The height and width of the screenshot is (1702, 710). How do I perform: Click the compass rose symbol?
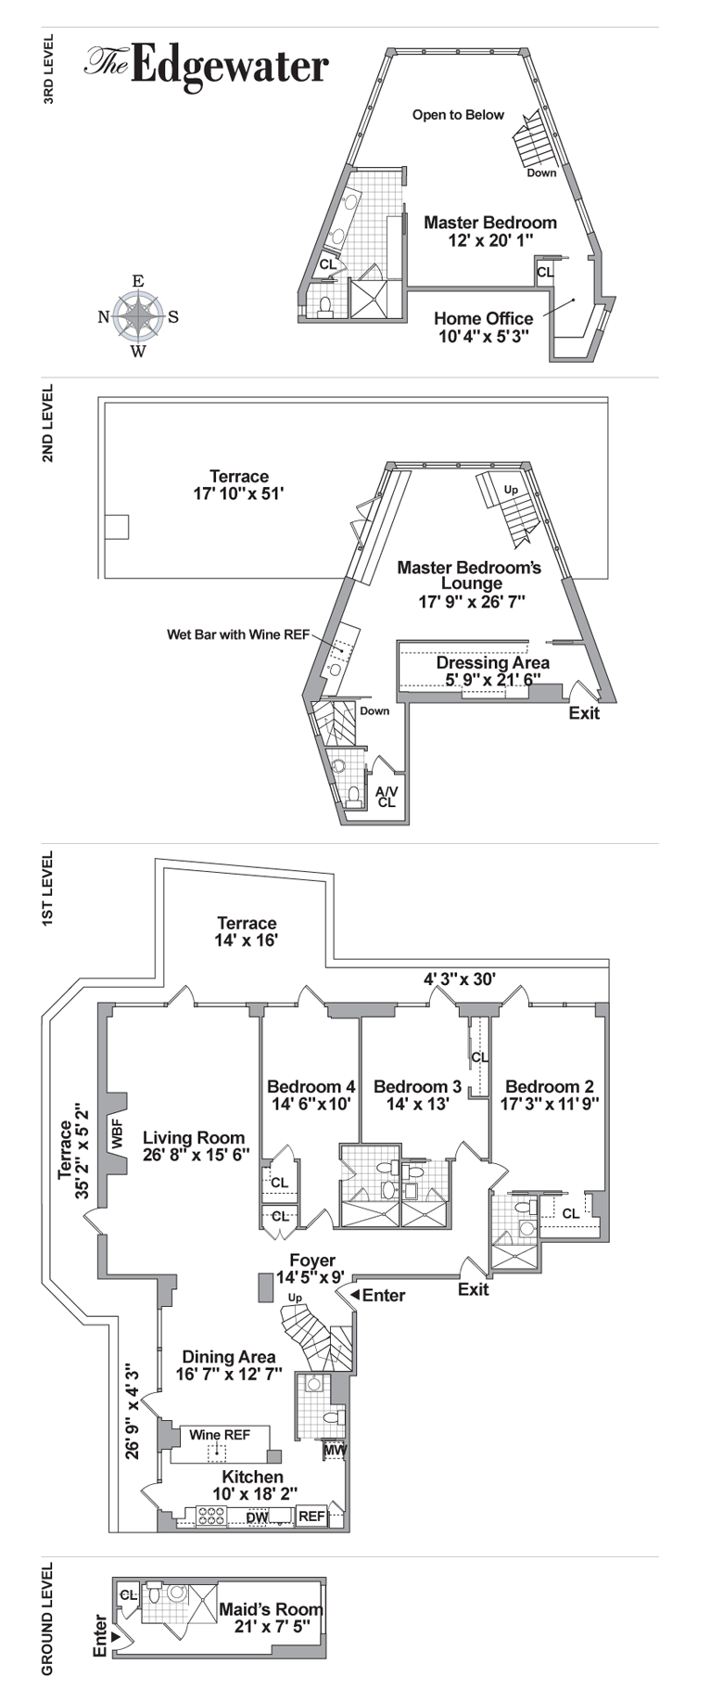click(138, 316)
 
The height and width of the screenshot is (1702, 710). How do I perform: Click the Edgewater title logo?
click(207, 66)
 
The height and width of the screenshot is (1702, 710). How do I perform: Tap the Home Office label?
click(484, 318)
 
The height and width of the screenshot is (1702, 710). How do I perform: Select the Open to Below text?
click(458, 115)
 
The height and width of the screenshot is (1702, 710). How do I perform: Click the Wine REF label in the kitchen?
click(220, 1435)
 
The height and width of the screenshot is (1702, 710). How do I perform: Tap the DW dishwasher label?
click(257, 1517)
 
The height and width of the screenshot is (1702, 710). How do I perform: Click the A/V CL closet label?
click(387, 797)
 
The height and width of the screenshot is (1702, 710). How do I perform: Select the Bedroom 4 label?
click(311, 1086)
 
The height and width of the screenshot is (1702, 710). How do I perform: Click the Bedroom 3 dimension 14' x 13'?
click(417, 1104)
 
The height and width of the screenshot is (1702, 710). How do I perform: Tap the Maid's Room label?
click(271, 1609)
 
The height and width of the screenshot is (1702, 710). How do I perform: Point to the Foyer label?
click(312, 1261)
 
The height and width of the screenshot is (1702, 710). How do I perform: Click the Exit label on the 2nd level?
click(584, 713)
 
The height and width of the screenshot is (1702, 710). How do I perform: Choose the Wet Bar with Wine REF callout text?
click(238, 635)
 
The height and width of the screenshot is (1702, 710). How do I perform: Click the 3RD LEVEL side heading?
click(49, 70)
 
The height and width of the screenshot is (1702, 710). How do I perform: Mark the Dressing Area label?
click(492, 663)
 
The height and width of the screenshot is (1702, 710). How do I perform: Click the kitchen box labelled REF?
click(311, 1516)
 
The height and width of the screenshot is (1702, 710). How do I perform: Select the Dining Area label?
click(228, 1357)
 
